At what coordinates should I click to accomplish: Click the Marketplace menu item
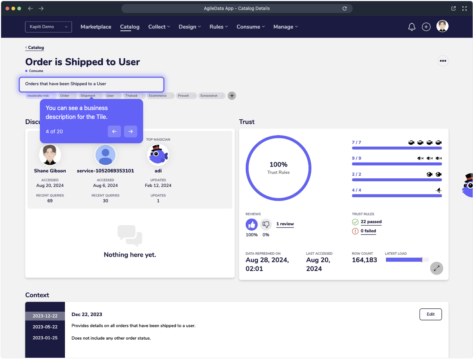click(96, 27)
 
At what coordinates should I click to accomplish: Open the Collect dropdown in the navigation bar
click(159, 27)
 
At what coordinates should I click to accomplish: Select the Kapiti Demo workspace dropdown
click(48, 27)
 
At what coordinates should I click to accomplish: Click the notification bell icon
click(412, 27)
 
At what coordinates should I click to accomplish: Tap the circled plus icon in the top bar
click(426, 27)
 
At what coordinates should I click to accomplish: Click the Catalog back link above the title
click(35, 48)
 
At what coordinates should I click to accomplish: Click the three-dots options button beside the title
click(443, 61)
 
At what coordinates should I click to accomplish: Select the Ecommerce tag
click(158, 96)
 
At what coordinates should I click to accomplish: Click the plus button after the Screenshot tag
click(232, 96)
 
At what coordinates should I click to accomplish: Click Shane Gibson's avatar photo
click(50, 155)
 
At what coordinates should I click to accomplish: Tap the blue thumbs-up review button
click(252, 224)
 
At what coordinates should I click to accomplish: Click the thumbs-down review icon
click(266, 224)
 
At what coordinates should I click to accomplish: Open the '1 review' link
click(285, 224)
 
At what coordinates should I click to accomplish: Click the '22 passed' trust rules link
click(371, 222)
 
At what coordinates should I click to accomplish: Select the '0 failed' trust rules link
click(368, 231)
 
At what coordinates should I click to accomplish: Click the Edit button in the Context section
click(431, 314)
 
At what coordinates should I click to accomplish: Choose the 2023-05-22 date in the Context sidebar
click(45, 327)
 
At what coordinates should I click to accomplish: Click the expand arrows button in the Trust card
click(436, 268)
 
